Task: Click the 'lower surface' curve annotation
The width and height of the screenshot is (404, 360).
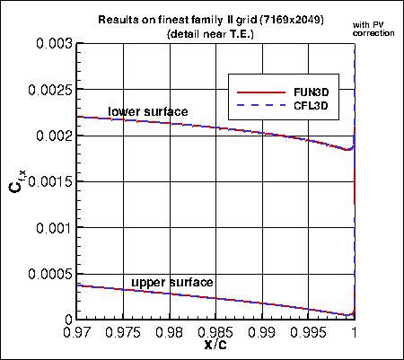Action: point(148,111)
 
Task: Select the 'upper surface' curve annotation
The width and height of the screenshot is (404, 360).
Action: point(172,283)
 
